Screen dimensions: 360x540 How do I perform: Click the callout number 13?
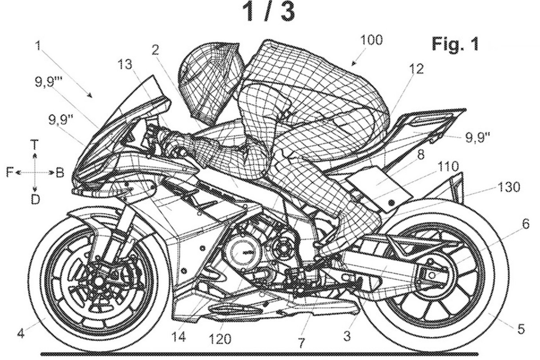tap(126, 65)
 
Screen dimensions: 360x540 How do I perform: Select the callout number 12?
tap(416, 69)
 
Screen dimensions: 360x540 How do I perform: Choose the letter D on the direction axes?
tap(35, 199)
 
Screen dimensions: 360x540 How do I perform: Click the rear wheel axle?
tap(431, 276)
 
